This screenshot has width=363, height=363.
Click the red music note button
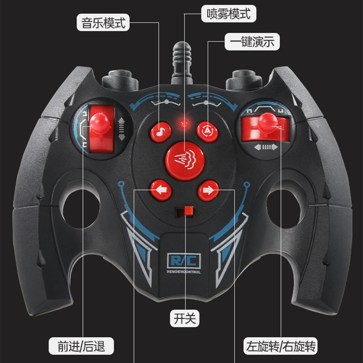pos(161,132)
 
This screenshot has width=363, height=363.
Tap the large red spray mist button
pos(185,161)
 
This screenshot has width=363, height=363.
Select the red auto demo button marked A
pos(207,132)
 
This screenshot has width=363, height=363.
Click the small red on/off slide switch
pos(189,211)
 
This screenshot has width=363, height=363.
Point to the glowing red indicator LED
pos(184,123)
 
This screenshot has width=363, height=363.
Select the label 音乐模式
pos(103,23)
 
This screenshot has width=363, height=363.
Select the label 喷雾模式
pos(229,14)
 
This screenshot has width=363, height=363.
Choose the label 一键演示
pos(252,42)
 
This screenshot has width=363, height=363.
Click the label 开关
pos(185,318)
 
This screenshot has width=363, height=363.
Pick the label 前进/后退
pos(81,346)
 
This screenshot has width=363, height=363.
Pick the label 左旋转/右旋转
pos(281,346)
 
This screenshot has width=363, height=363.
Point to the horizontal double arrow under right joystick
pos(266,147)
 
